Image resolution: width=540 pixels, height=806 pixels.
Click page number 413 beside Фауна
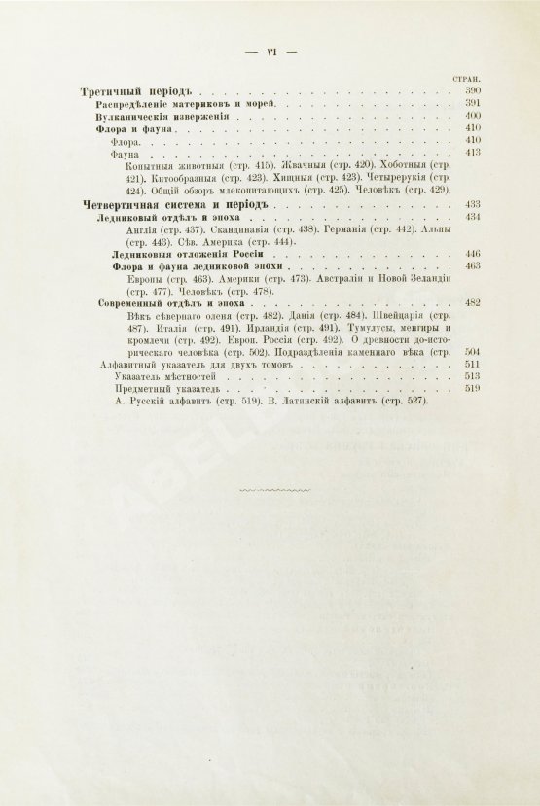click(x=474, y=152)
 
